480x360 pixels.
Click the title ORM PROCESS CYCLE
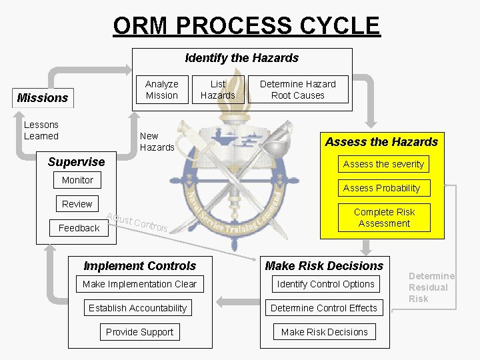click(x=246, y=25)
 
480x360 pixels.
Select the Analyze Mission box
click(x=161, y=89)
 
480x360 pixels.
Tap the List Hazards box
click(x=218, y=89)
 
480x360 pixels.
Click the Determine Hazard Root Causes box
click(x=297, y=89)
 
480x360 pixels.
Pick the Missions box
click(x=43, y=98)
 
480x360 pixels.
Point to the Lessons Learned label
click(x=41, y=130)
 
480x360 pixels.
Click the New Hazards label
click(x=157, y=141)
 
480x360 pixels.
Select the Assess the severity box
click(x=383, y=164)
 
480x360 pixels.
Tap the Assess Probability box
click(x=381, y=188)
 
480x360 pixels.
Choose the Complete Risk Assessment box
click(x=384, y=217)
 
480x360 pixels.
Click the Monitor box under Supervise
click(x=77, y=180)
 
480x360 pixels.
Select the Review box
click(x=77, y=204)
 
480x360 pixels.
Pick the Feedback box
click(x=79, y=228)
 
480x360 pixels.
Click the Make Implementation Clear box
click(x=139, y=284)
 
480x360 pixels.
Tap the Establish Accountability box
click(x=137, y=308)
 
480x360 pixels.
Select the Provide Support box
click(x=139, y=332)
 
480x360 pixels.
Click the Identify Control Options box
click(x=325, y=284)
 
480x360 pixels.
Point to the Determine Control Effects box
click(x=324, y=308)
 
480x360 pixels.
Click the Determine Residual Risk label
click(x=431, y=287)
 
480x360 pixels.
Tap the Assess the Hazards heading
click(x=381, y=141)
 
